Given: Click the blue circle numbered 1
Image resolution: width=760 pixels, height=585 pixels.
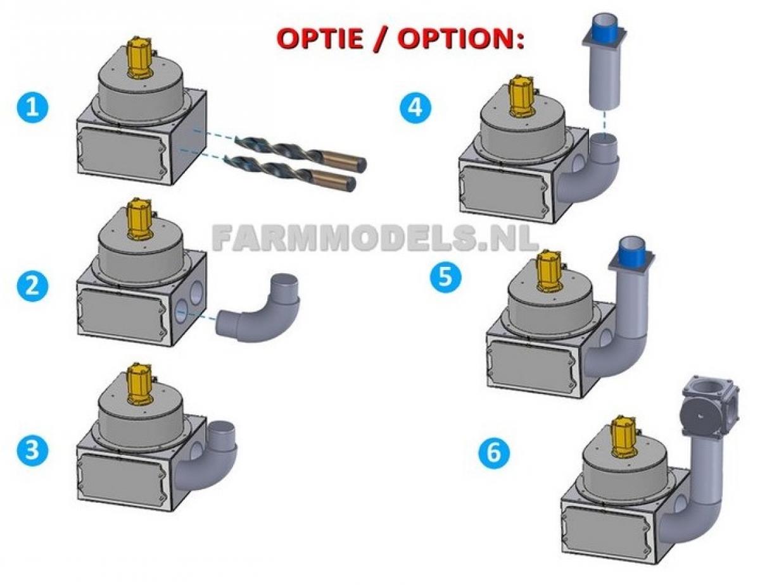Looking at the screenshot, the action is click(x=32, y=108).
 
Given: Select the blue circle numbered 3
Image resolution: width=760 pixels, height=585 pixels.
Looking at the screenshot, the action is click(x=32, y=449).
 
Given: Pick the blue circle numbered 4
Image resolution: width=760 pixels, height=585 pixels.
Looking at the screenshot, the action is click(x=415, y=108).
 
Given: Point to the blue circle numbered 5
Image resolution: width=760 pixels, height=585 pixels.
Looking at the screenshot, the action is click(x=446, y=276).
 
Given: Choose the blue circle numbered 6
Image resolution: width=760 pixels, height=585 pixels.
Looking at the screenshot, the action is click(x=494, y=453).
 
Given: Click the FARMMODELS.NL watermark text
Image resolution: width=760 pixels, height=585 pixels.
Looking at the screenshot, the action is click(x=374, y=238).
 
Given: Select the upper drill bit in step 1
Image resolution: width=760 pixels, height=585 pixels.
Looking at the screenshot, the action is click(x=300, y=149).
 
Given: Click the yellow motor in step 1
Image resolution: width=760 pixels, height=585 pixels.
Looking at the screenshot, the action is click(x=141, y=58).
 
